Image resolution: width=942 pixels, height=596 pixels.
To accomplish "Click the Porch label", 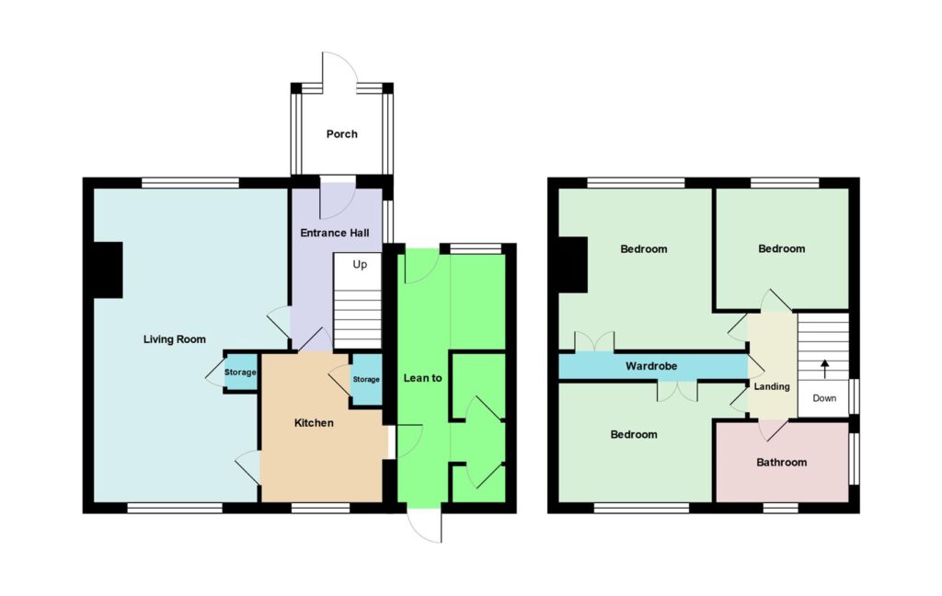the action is coord(342,134).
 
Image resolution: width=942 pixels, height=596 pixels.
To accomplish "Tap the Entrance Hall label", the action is coord(335,233).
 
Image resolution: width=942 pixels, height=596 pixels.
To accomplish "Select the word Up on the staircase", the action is coord(360,264).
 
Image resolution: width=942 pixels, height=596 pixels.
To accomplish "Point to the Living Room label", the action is coord(174,339).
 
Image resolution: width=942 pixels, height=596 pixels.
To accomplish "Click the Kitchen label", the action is coord(314,423).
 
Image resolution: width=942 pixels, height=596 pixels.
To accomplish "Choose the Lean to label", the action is coord(423,378).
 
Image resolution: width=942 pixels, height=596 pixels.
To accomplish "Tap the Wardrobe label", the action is coord(651,366).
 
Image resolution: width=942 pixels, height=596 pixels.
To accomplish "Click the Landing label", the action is coord(772,387).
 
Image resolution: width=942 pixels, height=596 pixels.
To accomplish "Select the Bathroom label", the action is coord(782,463).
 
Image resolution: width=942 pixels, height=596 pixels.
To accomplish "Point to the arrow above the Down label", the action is coord(825,369).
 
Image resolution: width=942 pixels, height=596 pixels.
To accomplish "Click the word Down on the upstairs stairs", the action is coord(824,398).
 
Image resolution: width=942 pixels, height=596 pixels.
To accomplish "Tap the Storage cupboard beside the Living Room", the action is coord(240,372).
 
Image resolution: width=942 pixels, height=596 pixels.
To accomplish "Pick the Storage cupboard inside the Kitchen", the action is coord(366,380).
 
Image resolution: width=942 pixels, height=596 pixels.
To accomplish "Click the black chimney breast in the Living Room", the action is coord(109,269).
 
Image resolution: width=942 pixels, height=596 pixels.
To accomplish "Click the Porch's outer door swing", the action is coord(340,68).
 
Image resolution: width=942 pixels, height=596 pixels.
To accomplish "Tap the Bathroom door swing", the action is coord(773,429).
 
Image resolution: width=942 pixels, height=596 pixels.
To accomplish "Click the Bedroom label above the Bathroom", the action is coord(782,248).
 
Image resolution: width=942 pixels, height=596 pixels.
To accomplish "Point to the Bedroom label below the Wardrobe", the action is coord(634,434).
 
